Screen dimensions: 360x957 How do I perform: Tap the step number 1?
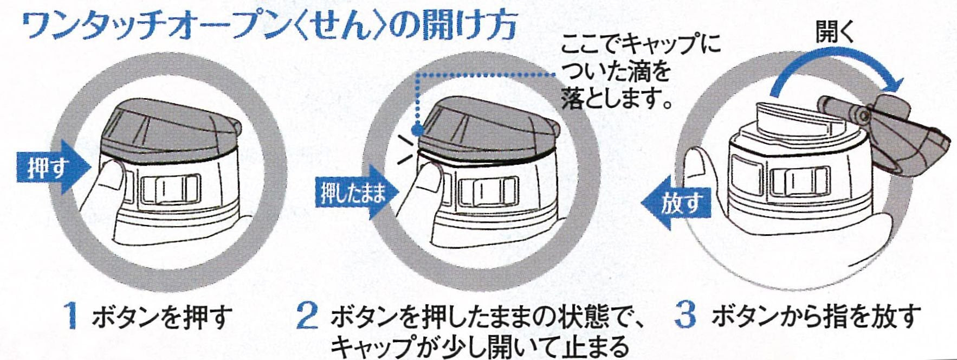tap(71, 316)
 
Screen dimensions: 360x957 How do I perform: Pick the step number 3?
tap(686, 316)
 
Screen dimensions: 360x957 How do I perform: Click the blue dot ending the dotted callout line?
tap(416, 130)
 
